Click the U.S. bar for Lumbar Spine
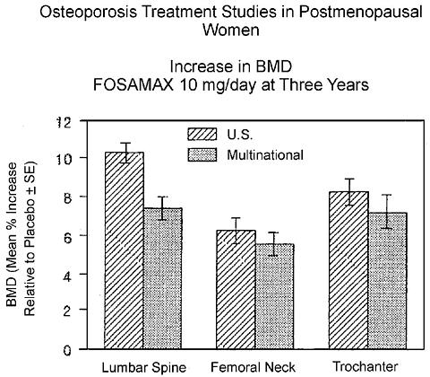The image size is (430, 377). click(x=124, y=250)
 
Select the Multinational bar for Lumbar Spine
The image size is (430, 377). click(x=163, y=278)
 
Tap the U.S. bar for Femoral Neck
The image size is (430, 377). click(x=236, y=289)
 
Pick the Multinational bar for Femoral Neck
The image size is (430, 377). click(x=275, y=296)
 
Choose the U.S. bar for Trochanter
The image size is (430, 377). click(x=348, y=270)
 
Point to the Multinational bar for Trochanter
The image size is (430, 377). click(x=387, y=281)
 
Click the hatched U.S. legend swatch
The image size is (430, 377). click(x=202, y=134)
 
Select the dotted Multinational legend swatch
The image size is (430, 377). click(x=202, y=155)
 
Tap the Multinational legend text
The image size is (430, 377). click(x=265, y=155)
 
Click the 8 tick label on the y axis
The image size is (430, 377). click(x=67, y=197)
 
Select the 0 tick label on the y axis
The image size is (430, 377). click(x=67, y=350)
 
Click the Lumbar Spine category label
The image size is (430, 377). click(x=144, y=367)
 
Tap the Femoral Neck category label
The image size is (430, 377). click(x=253, y=367)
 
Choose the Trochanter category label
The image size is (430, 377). click(x=365, y=366)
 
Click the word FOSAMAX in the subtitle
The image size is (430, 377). click(x=133, y=85)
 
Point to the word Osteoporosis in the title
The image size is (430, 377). click(x=89, y=13)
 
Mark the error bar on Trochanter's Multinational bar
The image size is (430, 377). click(x=387, y=212)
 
